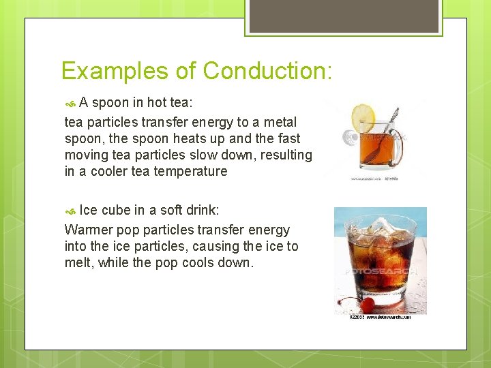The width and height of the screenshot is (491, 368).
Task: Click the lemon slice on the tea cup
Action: [x=363, y=117]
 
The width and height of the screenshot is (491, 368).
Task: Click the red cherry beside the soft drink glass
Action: [x=367, y=304]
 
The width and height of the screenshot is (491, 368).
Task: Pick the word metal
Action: [x=281, y=122]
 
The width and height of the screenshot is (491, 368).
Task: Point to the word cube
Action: [x=115, y=211]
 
